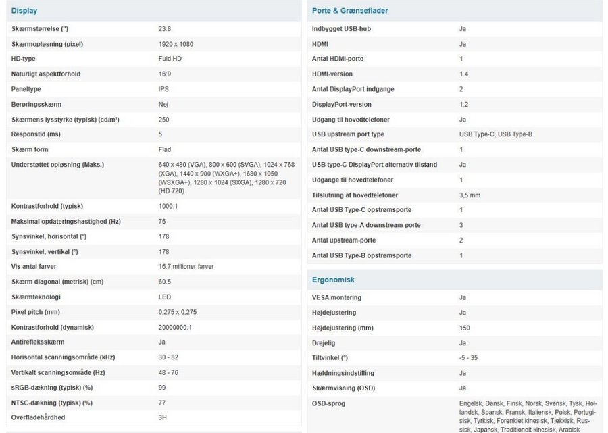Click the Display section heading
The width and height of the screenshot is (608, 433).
[24, 11]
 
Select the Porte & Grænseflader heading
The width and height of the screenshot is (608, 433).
[350, 11]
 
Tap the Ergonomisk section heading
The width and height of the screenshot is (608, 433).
[333, 280]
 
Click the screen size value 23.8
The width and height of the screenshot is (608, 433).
[164, 29]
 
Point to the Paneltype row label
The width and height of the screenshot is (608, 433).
[26, 89]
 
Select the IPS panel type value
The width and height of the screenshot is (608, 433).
[163, 89]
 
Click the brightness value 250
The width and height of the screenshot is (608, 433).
[163, 120]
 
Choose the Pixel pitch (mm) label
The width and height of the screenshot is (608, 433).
[36, 312]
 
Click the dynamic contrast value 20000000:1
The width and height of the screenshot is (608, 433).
[174, 327]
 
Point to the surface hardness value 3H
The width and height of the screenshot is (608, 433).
[162, 417]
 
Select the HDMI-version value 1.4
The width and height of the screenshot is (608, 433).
[463, 74]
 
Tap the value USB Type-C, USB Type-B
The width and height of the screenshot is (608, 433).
[495, 134]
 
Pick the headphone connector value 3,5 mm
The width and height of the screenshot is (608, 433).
[470, 195]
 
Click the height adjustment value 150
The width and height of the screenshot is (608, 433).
[464, 328]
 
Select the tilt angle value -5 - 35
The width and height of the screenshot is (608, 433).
[468, 358]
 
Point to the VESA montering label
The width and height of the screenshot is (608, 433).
[336, 297]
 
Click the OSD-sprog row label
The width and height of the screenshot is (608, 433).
[329, 403]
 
